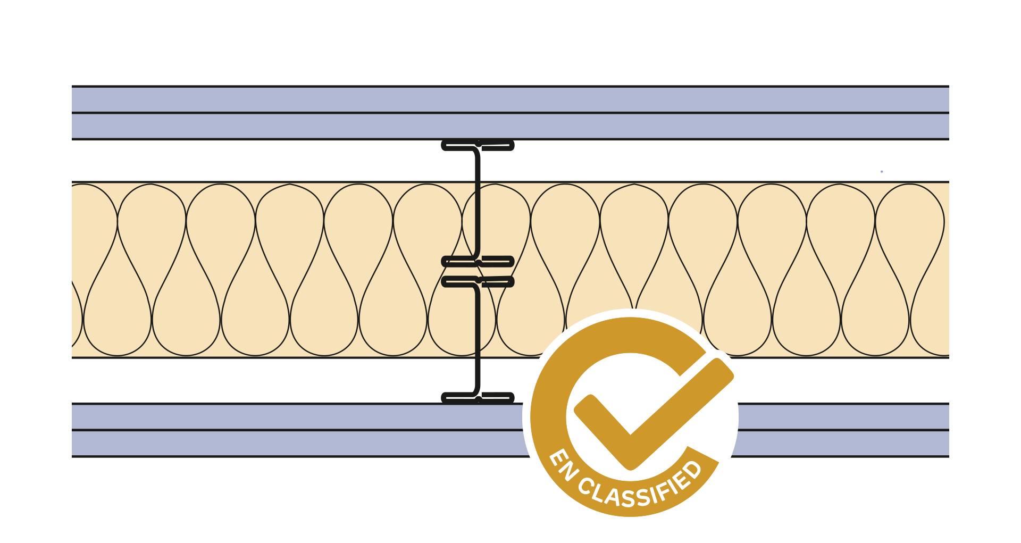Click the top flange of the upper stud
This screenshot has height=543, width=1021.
point(478,144)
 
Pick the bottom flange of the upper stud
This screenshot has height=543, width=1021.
point(478,261)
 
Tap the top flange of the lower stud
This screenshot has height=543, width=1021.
point(478,281)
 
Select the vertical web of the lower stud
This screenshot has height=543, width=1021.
point(477,340)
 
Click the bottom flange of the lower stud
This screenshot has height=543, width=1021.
point(478,397)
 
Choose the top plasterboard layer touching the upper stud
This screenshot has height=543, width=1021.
point(372,126)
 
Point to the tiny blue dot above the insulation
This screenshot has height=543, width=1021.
point(882,171)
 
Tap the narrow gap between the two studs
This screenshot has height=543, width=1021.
point(478,271)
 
